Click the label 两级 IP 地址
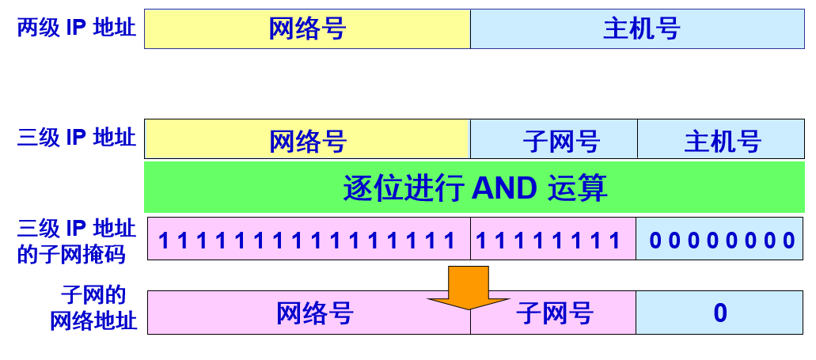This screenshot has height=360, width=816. pos(77,28)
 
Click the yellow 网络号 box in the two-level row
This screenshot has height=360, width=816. pos(307,29)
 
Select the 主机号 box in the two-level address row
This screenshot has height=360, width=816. pos(641,29)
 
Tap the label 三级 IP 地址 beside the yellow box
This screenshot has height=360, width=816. pos(77,138)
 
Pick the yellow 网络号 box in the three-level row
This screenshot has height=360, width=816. pos(307,142)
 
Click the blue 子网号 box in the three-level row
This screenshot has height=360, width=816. pos(561,142)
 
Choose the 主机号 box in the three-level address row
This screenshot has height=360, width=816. pos(722,142)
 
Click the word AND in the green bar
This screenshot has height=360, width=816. pos(504,188)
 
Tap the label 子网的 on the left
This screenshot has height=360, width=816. pos(93,297)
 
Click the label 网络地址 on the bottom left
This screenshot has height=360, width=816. pos(93,321)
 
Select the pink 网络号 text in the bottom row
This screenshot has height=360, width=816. pos(314,313)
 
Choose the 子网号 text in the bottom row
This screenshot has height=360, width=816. pos(555,313)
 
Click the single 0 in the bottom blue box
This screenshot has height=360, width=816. pos(720,313)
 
